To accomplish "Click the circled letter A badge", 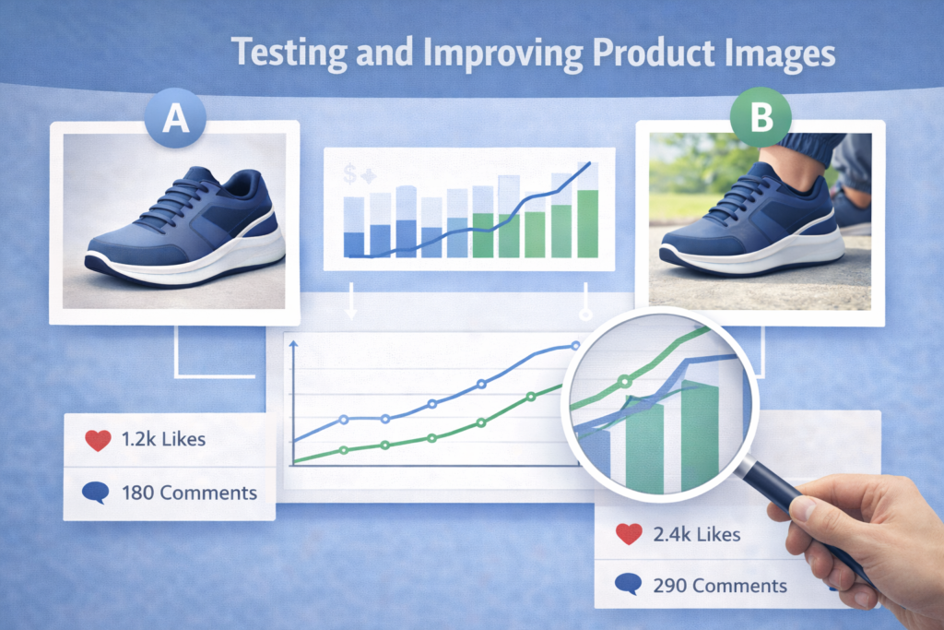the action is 175,117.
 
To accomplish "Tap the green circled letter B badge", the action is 761,117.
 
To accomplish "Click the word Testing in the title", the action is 289,53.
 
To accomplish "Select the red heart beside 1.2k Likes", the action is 98,440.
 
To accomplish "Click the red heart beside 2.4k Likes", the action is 629,534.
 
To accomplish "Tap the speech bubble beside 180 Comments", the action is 96,493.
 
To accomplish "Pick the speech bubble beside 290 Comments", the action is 628,584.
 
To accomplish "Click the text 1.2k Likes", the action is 163,439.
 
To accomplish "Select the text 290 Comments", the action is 720,586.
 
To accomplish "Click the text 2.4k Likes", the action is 697,534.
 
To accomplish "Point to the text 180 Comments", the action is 189,493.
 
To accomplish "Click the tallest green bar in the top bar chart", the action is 587,223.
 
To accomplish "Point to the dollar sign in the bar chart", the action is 349,174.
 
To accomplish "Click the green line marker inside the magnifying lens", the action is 626,381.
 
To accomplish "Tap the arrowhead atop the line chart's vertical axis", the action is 294,344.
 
